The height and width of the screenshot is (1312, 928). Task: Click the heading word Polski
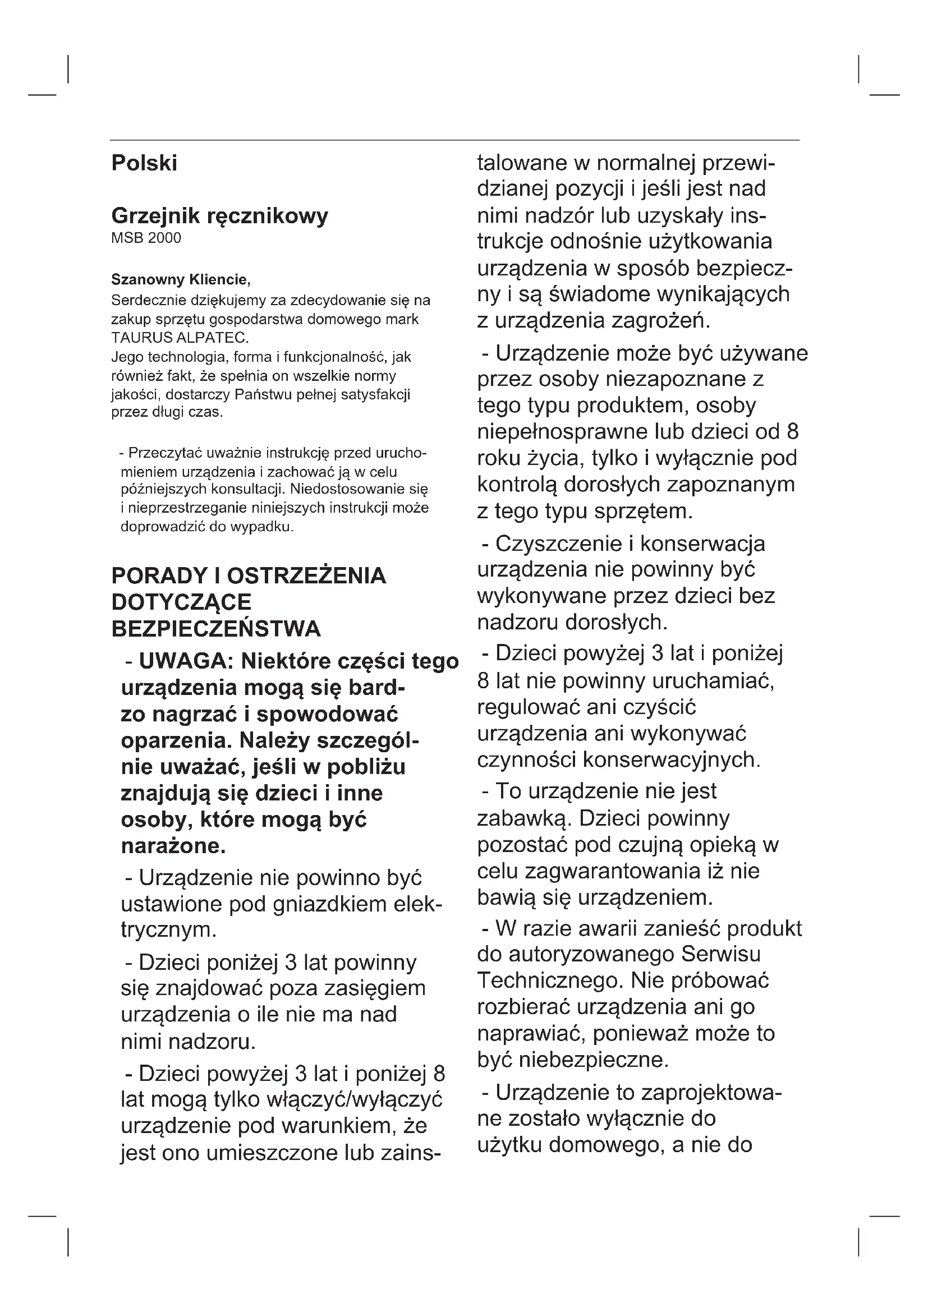tap(144, 163)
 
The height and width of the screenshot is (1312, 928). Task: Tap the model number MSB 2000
tap(146, 238)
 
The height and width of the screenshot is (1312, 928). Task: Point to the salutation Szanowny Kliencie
tap(181, 280)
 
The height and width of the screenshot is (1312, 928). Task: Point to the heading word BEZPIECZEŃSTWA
tap(216, 629)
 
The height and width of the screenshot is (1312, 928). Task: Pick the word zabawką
tap(525, 818)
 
